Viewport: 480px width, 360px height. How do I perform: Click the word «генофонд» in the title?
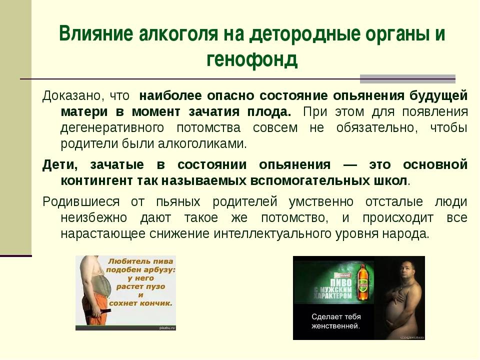point(252,59)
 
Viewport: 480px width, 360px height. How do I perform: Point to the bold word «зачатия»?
point(214,111)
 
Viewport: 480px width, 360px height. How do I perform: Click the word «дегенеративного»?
point(112,128)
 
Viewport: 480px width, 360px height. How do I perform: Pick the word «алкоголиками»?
point(202,143)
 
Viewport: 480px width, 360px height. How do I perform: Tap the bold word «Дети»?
point(60,165)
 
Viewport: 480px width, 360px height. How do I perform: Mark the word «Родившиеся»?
point(81,202)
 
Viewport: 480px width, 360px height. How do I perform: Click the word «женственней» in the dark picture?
point(335,326)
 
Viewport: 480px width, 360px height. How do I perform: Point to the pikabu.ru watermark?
point(167,328)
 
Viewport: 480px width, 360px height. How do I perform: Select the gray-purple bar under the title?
point(407,79)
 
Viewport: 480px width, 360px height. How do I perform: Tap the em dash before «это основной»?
point(350,165)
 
